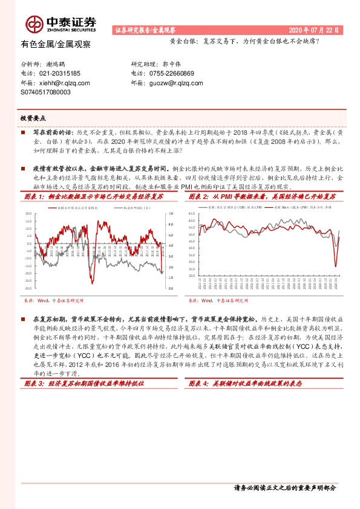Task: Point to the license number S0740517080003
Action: pyautogui.click(x=45, y=92)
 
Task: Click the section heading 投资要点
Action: pyautogui.click(x=33, y=118)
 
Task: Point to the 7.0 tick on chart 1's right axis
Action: pyautogui.click(x=171, y=214)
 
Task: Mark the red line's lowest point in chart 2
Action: pyautogui.click(x=336, y=267)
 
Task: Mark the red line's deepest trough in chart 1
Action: pyautogui.click(x=92, y=284)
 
